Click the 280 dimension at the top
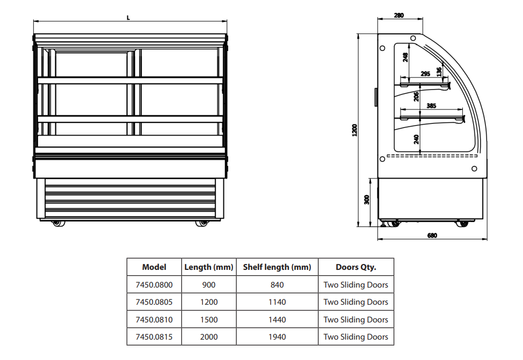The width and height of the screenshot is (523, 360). [398, 16]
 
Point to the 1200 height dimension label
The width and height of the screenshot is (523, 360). [354, 130]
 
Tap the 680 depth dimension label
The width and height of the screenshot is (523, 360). [432, 235]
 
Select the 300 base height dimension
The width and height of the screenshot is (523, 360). [367, 200]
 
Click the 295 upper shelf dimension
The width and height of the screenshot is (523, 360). [425, 74]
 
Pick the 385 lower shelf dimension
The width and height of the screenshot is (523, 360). [431, 106]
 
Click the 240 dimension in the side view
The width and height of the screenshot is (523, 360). [417, 139]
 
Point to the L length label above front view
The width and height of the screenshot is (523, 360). [128, 17]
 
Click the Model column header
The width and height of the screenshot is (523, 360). [154, 267]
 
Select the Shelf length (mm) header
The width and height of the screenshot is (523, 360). [277, 267]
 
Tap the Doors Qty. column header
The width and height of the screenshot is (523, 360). [355, 267]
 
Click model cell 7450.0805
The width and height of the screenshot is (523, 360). [154, 302]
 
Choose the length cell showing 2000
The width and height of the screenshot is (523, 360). [209, 337]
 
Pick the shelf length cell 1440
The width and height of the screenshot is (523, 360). [277, 320]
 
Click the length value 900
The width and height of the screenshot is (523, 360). [209, 285]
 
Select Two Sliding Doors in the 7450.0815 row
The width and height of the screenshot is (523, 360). [355, 337]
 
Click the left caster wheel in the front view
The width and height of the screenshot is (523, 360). [56, 223]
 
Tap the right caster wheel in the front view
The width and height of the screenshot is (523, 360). [201, 223]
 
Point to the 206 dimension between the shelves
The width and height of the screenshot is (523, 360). [417, 97]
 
